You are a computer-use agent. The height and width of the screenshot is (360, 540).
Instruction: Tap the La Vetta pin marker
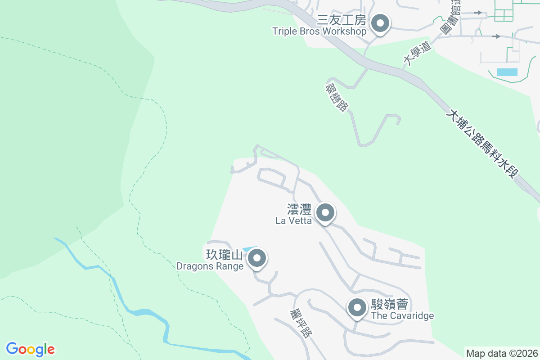click(325, 212)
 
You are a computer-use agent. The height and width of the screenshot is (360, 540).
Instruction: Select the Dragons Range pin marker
click(257, 259)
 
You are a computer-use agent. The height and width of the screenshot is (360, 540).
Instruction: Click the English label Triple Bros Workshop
click(319, 31)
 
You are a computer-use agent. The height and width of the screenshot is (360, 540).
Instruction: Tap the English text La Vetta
click(293, 220)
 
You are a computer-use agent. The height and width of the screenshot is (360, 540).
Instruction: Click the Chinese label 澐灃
click(299, 209)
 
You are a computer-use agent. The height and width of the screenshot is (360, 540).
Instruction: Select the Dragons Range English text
click(210, 266)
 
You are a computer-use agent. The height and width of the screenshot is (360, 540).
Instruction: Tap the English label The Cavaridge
click(402, 315)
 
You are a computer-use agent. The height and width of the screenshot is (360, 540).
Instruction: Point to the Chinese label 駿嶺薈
click(389, 304)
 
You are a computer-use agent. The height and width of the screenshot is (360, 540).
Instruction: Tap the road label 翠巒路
click(338, 96)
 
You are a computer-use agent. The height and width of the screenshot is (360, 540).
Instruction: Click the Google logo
click(30, 349)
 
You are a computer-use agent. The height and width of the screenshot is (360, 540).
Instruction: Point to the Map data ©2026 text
click(502, 353)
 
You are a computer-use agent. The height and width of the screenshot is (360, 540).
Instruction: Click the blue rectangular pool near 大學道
click(507, 72)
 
